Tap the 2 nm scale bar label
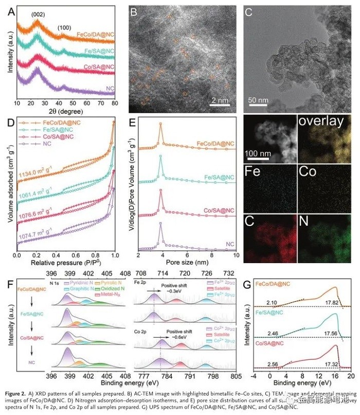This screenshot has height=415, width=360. click(222, 95)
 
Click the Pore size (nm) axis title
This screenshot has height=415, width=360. click(187, 263)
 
